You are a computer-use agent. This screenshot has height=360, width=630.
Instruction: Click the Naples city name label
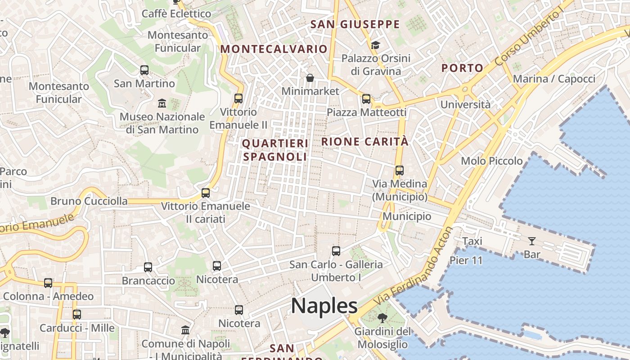(324, 306)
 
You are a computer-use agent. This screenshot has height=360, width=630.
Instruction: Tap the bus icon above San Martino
(144, 70)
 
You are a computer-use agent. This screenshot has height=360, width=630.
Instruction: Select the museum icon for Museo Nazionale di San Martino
(162, 103)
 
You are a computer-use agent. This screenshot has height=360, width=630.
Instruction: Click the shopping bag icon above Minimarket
(310, 78)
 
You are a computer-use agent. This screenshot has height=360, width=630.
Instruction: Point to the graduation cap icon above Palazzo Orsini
(375, 45)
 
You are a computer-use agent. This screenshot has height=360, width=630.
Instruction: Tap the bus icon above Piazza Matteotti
(366, 99)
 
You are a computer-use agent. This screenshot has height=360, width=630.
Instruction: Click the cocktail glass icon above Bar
(532, 241)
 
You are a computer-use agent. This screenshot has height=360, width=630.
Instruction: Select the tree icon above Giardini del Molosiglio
(382, 319)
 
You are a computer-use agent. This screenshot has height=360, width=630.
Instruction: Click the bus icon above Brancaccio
(148, 267)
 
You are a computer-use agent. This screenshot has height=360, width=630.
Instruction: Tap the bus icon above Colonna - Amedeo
(48, 283)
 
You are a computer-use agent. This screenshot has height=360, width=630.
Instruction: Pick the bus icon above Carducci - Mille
(77, 315)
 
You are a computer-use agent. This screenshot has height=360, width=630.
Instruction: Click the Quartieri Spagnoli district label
(275, 150)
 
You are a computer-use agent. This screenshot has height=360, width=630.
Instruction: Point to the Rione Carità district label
(365, 141)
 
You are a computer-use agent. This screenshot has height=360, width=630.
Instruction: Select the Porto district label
(462, 68)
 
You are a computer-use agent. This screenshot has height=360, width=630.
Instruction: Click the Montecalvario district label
(274, 49)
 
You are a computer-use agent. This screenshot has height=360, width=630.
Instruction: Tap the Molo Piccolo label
(492, 161)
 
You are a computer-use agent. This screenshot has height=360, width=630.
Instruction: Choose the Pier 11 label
(466, 260)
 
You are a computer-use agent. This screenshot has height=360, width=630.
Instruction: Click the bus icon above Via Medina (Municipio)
(400, 171)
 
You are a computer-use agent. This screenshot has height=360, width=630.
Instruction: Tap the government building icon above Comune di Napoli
(185, 330)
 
